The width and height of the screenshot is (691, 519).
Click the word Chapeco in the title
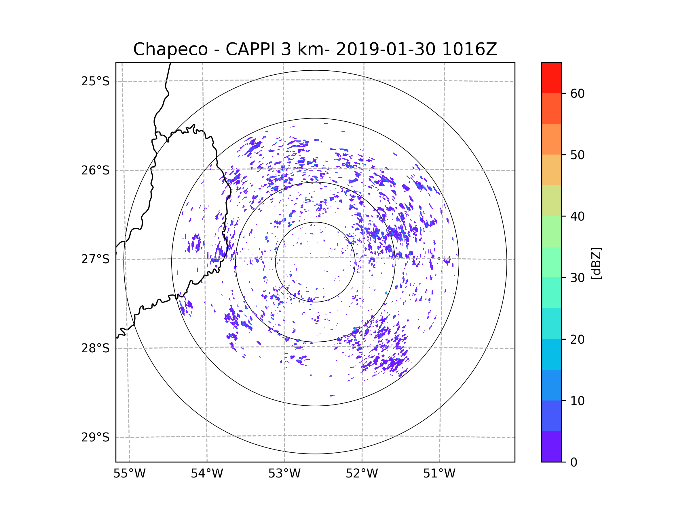click(170, 49)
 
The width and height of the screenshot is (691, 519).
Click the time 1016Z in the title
click(469, 49)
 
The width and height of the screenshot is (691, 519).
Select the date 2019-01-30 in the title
click(386, 49)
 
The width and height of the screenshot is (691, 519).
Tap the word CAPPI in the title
click(250, 49)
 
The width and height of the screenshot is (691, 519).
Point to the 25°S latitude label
click(95, 82)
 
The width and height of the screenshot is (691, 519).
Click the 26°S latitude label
click(95, 170)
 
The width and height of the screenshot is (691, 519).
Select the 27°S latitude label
click(95, 259)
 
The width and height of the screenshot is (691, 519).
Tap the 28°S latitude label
click(95, 348)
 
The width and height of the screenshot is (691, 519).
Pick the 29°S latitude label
click(95, 437)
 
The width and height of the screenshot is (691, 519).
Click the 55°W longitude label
click(129, 474)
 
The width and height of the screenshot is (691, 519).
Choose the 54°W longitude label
click(207, 474)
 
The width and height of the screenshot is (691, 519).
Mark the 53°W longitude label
click(284, 474)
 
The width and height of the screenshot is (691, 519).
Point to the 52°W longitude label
click(362, 474)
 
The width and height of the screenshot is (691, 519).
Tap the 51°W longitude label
click(439, 474)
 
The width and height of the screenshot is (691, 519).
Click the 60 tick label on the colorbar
click(577, 93)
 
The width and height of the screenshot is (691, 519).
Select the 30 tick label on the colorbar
click(577, 278)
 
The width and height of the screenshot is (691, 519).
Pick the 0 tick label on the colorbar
click(574, 462)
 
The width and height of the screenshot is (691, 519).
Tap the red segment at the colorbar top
click(551, 78)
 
